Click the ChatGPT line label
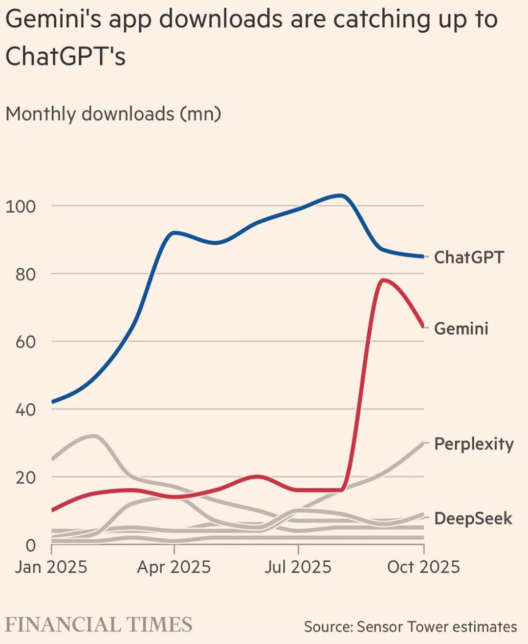click(x=468, y=257)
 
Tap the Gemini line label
click(x=461, y=328)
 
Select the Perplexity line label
click(x=474, y=444)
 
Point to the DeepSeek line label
click(x=473, y=518)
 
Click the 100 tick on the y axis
click(x=21, y=206)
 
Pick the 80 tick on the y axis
click(x=25, y=274)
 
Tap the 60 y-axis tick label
click(x=25, y=342)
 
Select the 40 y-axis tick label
click(x=25, y=409)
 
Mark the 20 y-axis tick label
click(x=25, y=477)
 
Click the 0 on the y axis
click(x=31, y=545)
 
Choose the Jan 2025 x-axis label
click(x=51, y=567)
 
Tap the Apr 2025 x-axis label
click(x=174, y=567)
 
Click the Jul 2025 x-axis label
click(x=298, y=567)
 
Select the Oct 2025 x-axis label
click(x=423, y=567)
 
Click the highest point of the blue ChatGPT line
click(x=341, y=195)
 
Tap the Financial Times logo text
click(x=99, y=625)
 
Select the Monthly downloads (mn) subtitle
click(x=113, y=114)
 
